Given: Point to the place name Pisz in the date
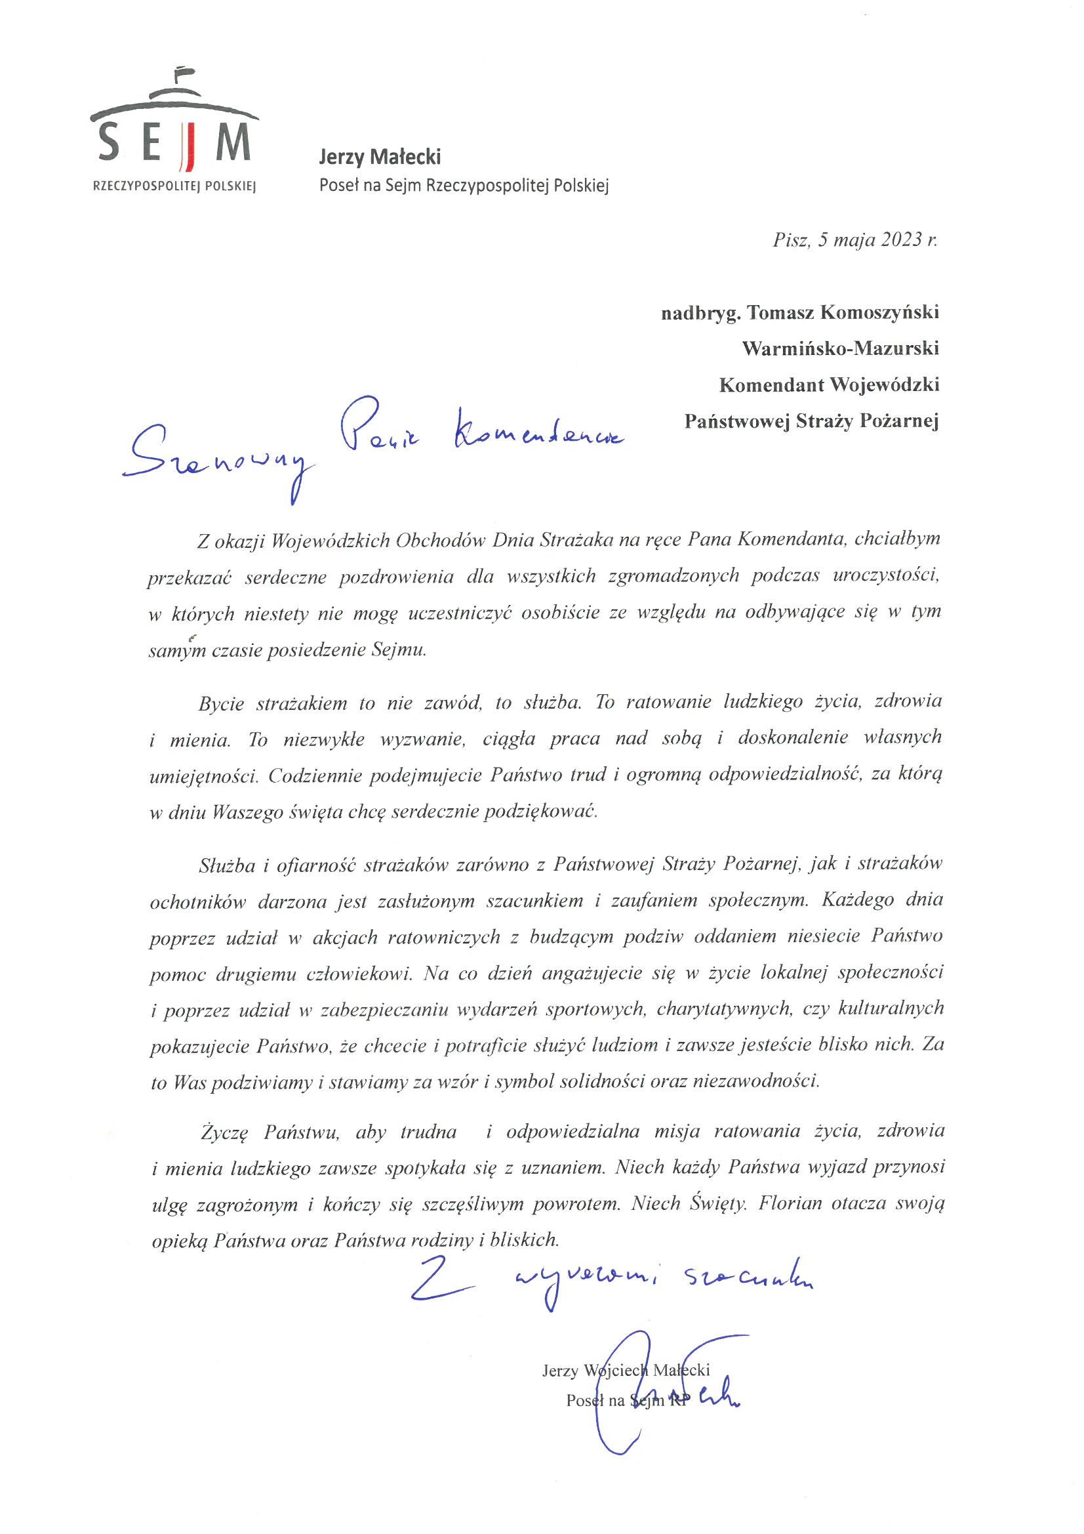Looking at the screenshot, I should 791,240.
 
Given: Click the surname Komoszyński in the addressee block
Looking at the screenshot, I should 879,313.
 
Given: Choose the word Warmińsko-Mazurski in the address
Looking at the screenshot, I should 840,349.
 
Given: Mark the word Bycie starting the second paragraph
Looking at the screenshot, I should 220,704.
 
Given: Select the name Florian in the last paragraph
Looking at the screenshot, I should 790,1204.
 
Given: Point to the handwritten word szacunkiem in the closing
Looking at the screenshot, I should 748,1278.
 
